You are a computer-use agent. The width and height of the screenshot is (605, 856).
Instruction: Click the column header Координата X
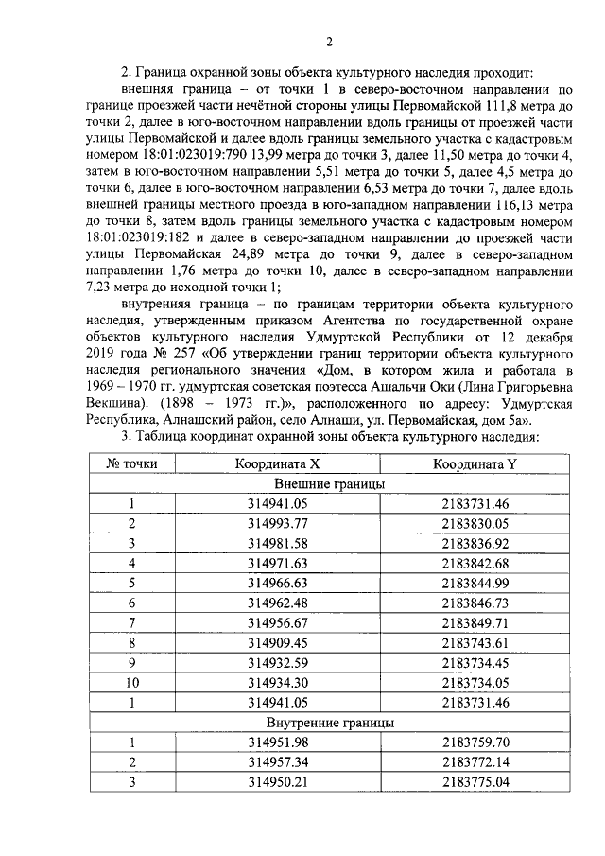(x=279, y=463)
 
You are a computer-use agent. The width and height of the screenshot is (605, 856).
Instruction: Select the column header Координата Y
(x=475, y=463)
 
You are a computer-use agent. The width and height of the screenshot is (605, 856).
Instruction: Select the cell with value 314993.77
(x=279, y=523)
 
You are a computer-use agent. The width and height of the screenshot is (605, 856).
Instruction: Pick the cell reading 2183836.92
(x=475, y=543)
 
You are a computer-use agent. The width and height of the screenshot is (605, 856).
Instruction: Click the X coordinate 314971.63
(x=279, y=563)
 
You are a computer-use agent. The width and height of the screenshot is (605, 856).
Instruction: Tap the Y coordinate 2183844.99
(x=475, y=583)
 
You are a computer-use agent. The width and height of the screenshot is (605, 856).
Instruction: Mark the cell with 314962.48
(x=279, y=603)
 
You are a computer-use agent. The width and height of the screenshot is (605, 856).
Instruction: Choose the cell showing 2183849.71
(x=475, y=622)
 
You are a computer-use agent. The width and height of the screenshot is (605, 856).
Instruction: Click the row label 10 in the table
(x=132, y=682)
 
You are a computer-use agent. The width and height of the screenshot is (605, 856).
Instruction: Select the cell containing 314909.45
(x=279, y=642)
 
